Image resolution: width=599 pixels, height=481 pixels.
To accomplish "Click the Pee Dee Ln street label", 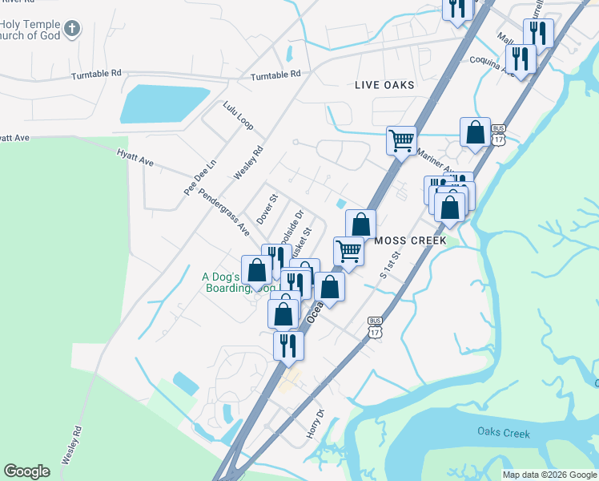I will (200, 176).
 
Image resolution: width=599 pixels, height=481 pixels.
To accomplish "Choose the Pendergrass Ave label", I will (224, 212).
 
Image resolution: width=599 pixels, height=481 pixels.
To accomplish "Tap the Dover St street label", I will (266, 208).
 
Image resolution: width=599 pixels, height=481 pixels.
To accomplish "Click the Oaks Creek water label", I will (504, 433).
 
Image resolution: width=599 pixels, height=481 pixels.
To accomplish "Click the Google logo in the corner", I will (26, 471).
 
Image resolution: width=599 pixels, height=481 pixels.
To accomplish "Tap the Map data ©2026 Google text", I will (549, 475).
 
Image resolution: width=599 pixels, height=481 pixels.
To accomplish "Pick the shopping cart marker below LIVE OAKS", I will (401, 139).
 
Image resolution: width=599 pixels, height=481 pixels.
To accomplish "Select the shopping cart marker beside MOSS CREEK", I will (348, 250).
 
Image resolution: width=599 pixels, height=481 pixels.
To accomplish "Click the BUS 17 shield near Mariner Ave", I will (499, 135).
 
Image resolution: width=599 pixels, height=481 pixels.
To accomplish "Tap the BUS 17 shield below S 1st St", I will (375, 326).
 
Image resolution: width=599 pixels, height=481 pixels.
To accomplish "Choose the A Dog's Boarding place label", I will (228, 282).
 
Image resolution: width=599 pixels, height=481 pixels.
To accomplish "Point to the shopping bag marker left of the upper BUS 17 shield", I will (475, 132).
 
